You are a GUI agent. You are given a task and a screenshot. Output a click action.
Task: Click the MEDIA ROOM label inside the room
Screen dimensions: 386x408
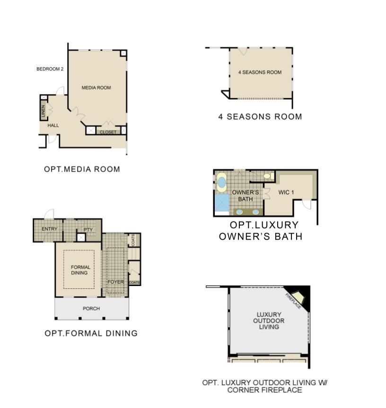coord(96,87)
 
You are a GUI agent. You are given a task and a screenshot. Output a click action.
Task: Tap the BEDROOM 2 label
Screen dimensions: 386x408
coord(50,69)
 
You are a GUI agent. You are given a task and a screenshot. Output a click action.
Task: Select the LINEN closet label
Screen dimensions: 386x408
coord(43,111)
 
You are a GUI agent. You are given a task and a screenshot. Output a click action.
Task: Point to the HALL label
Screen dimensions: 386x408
coord(53,125)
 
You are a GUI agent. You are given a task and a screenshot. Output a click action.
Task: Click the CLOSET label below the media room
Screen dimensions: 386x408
coord(108,132)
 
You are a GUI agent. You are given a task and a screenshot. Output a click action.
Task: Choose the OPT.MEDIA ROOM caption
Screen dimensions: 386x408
coord(82,169)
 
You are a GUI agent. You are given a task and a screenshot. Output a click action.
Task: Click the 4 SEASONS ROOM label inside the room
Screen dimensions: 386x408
coord(260,72)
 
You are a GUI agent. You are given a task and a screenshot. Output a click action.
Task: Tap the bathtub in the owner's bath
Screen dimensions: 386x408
coord(221,182)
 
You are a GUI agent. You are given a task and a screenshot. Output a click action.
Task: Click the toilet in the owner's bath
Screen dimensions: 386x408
coord(269,176)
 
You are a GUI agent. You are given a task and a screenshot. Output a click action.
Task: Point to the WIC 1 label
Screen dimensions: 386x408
coord(286,192)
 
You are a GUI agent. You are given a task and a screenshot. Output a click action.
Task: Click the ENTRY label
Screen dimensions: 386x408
coord(50,229)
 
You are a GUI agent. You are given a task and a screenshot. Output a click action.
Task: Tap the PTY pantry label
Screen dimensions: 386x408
coord(88,230)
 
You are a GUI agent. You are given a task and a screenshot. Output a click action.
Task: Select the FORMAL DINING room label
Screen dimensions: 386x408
coord(80,270)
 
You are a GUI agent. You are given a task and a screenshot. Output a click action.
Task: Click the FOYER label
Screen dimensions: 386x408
coord(116,282)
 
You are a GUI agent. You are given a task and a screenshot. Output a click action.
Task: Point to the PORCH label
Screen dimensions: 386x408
coord(91,309)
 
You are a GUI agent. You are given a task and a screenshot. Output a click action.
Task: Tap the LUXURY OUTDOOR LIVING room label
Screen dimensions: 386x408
coord(269,321)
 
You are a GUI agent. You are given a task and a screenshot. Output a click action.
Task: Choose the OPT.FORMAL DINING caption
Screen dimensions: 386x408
coord(91,333)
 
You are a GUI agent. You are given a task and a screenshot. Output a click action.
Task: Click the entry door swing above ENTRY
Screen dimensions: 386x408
coord(49,213)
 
